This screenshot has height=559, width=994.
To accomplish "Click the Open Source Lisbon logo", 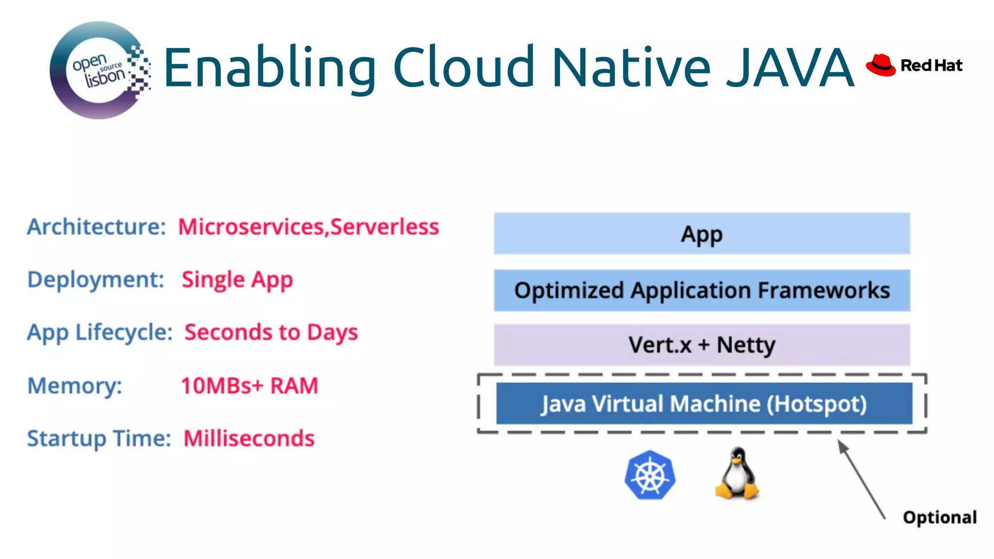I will click(x=99, y=70).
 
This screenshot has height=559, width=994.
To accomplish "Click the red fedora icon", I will click(x=880, y=65).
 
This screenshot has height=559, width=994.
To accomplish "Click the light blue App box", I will click(x=702, y=233).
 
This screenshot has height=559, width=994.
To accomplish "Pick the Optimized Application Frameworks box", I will click(x=702, y=290).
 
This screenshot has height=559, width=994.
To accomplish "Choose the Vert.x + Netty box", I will click(x=702, y=345).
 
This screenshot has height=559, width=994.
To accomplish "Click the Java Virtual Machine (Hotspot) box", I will click(x=704, y=403).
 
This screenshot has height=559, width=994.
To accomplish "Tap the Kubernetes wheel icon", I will click(x=650, y=475).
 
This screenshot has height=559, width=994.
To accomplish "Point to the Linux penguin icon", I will click(x=737, y=474).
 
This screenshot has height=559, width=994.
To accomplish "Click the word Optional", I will click(x=940, y=517).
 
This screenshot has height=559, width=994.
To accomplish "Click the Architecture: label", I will click(x=97, y=227).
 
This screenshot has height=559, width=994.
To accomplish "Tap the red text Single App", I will click(x=237, y=280).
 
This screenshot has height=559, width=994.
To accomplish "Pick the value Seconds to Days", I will click(x=271, y=332).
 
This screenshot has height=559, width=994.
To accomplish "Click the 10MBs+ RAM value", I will click(x=249, y=386).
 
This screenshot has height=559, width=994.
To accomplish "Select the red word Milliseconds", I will click(x=249, y=438).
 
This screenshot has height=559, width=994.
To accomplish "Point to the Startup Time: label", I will click(x=99, y=438).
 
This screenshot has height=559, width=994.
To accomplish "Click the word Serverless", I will click(x=385, y=227).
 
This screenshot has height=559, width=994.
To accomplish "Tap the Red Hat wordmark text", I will click(x=931, y=65).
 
